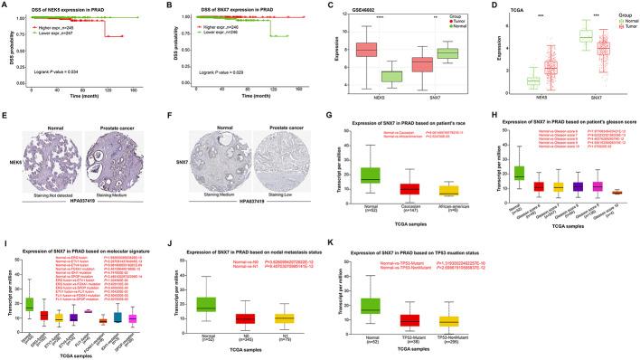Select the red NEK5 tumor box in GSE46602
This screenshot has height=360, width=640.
click(365, 49)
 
